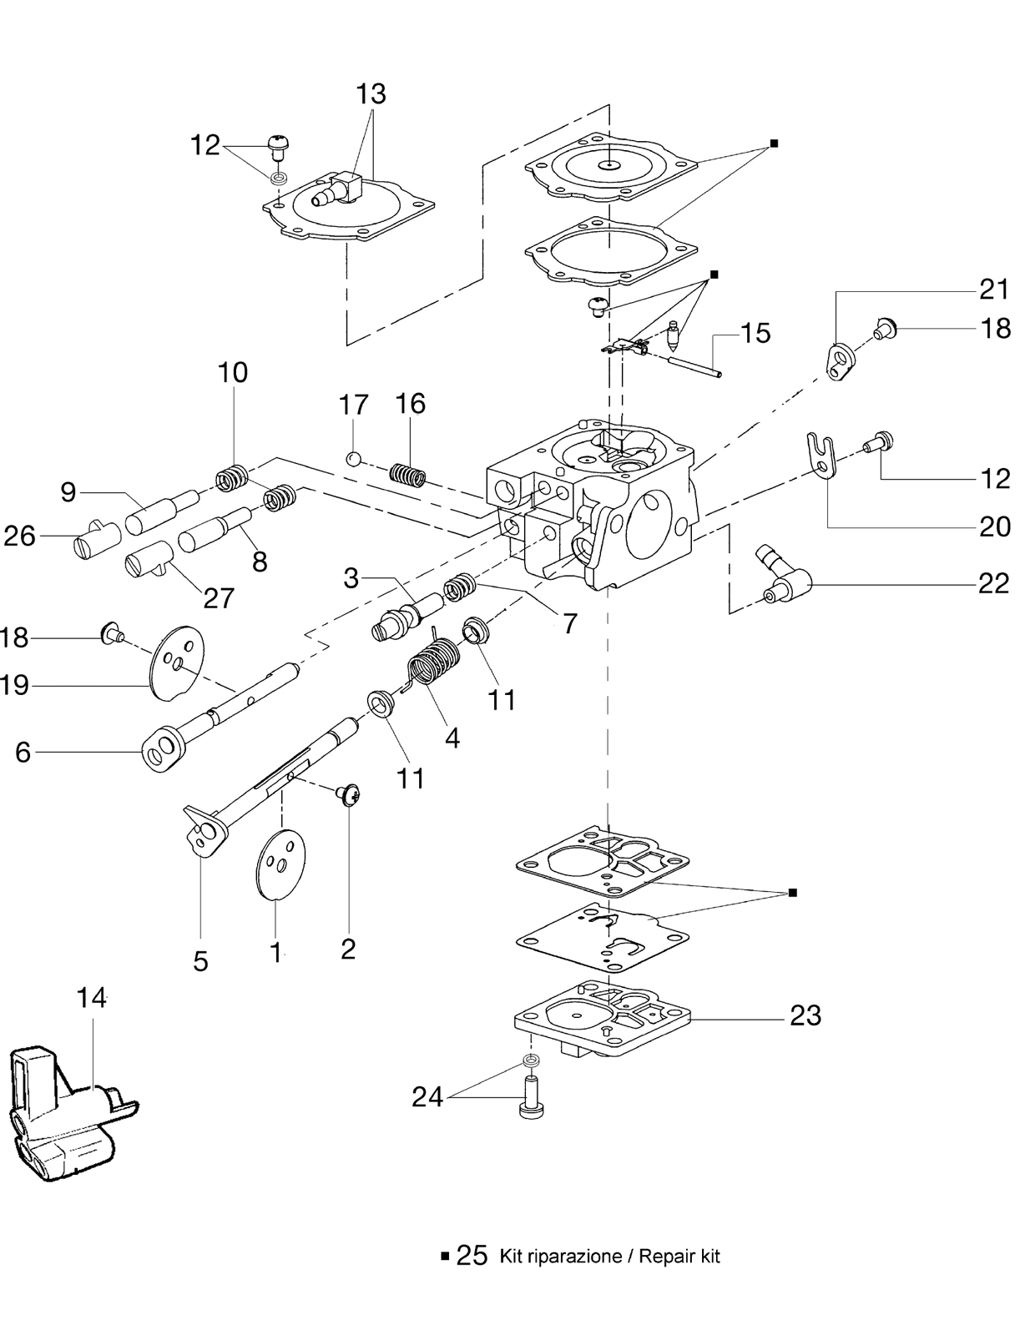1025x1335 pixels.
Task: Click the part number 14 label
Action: click(x=92, y=999)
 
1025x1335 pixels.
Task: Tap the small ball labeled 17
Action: click(x=353, y=458)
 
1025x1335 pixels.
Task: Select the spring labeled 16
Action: click(x=408, y=474)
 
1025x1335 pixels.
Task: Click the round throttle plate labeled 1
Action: click(x=280, y=865)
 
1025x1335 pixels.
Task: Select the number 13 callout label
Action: click(x=371, y=94)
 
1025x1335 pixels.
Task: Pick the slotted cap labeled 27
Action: click(x=149, y=558)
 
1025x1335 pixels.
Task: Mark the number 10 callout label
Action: click(x=233, y=372)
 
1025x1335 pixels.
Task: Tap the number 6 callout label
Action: click(x=23, y=752)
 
